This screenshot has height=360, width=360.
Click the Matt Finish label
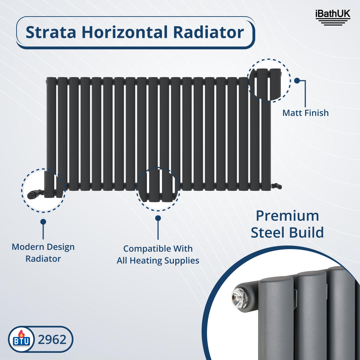pos(305,113)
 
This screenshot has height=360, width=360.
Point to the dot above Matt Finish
pos(297,81)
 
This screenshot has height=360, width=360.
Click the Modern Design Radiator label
pos(43,253)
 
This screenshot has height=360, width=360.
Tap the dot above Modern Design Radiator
pos(43,222)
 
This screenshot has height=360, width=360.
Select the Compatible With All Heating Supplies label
pos(158,255)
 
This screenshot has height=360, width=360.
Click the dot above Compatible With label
pos(158,218)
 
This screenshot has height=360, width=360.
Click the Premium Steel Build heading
pos(287,224)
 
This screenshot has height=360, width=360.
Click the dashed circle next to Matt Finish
pos(269,79)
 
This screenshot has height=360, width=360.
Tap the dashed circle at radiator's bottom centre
pos(158,189)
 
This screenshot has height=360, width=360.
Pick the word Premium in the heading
pos(287,216)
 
